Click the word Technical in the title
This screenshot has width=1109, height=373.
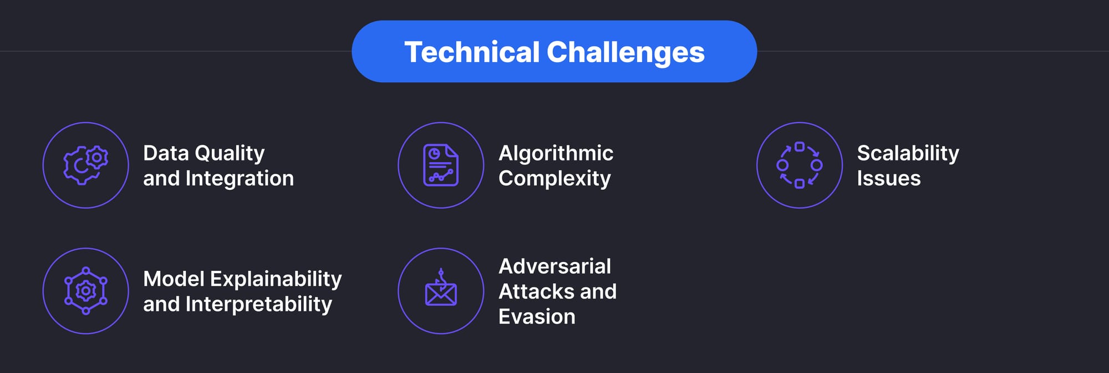tap(472, 52)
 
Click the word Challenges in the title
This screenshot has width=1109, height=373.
tap(625, 52)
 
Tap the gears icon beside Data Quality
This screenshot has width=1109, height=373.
tap(86, 165)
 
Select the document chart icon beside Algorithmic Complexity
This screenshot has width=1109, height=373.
tap(441, 165)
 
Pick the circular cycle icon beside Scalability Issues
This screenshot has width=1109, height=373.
tap(799, 165)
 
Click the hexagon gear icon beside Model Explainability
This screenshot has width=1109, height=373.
tap(86, 291)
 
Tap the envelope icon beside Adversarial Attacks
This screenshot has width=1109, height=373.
tap(441, 291)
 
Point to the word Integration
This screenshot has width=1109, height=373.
tap(240, 178)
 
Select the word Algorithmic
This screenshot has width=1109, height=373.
tap(556, 153)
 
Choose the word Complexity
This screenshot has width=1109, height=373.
tap(554, 178)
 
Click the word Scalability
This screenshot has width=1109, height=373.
tap(908, 153)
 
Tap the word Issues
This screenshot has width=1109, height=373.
tap(888, 178)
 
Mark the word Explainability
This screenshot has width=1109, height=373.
tap(276, 279)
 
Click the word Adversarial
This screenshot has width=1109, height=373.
tap(554, 266)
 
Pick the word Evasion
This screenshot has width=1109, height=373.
tap(537, 316)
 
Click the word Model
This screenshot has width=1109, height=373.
tap(174, 279)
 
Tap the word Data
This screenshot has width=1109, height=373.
tap(166, 153)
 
